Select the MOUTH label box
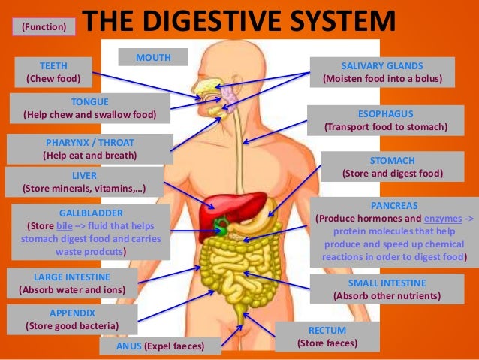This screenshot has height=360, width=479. pos(152,57)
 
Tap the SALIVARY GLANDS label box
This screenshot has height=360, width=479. pos(382,71)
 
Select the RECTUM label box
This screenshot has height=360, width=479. pos(327,337)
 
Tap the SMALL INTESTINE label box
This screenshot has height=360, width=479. pos(387,289)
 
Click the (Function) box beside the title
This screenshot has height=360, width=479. pos(44,27)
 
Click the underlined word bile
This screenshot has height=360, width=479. pos(65,225)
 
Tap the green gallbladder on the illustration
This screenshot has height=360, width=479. pos(221,223)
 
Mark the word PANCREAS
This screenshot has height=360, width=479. pos(394,205)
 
